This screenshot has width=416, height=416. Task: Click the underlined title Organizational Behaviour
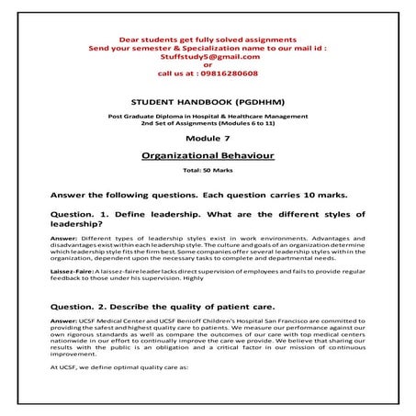coord(208,156)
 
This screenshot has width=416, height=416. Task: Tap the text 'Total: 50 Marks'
coord(208,172)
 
